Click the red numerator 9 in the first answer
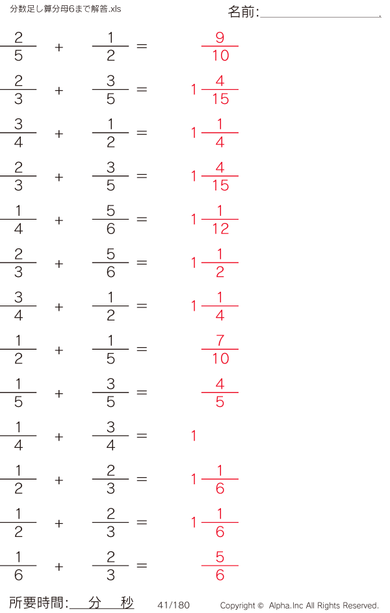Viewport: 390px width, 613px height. coord(220,38)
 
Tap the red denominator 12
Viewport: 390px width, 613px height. coord(220,229)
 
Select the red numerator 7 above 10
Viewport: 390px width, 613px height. coord(220,341)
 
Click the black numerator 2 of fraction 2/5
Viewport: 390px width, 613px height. coord(18,38)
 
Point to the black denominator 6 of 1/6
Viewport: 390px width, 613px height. coord(18,575)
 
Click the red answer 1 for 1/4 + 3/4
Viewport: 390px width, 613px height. coord(194,436)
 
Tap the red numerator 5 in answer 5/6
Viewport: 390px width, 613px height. coord(220,556)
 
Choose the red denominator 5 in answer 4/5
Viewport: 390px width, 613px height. coord(220,402)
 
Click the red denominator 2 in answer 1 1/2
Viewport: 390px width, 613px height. coord(220,272)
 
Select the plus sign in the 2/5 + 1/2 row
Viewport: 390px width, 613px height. coord(59,47)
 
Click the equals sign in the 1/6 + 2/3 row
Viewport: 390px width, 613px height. coord(142,566)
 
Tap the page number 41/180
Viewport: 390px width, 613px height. coord(174,605)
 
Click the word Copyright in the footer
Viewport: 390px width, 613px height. coord(238,606)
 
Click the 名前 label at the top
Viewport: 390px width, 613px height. coord(240,12)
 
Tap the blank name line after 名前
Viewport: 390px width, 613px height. coord(320,17)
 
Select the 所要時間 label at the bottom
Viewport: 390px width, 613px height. coord(36,603)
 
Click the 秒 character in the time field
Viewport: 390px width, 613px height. coord(127,603)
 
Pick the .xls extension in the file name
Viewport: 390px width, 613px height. coord(114,9)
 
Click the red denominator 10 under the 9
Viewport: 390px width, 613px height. coord(220,55)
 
